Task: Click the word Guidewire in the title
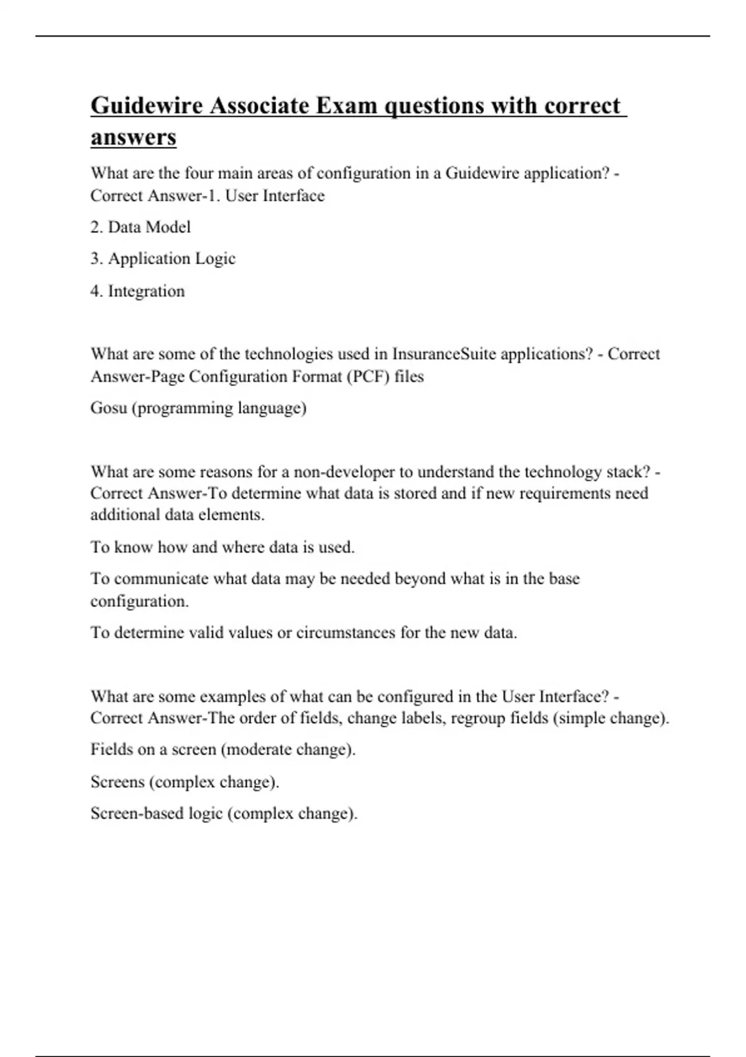coord(147,106)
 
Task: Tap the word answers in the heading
coord(133,137)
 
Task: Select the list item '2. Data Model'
coord(140,227)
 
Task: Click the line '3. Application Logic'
coord(163,259)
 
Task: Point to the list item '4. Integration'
coord(137,291)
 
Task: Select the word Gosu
coord(109,408)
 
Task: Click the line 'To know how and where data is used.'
coord(223,547)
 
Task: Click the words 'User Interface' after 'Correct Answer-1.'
coord(275,196)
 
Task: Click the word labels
coord(422,718)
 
